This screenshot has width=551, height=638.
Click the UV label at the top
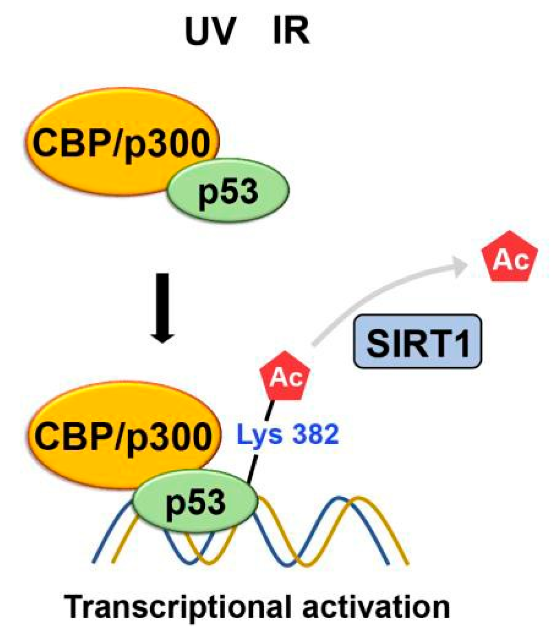[x=210, y=31]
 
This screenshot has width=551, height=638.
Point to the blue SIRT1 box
[x=417, y=342]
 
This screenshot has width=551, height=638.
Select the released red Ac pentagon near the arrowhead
[x=509, y=258]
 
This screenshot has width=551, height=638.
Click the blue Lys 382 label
[x=288, y=434]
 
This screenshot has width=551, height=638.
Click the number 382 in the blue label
[x=315, y=434]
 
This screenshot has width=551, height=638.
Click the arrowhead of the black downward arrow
[x=162, y=336]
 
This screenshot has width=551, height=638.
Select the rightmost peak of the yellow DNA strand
[x=358, y=498]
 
